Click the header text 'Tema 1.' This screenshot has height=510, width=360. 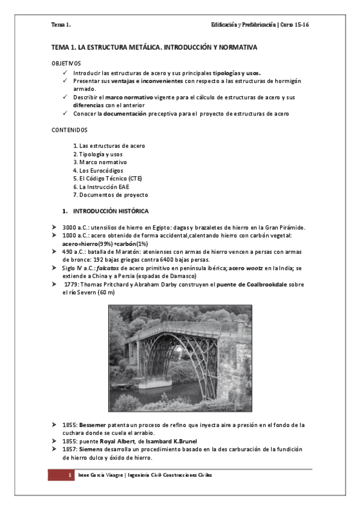click(x=61, y=25)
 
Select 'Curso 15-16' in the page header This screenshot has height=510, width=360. click(x=294, y=25)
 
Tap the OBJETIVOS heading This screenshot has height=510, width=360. click(x=66, y=63)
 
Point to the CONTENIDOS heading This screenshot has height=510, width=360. click(x=70, y=129)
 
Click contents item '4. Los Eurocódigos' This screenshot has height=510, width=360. click(x=98, y=170)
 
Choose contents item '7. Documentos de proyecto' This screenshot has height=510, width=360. click(x=110, y=195)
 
